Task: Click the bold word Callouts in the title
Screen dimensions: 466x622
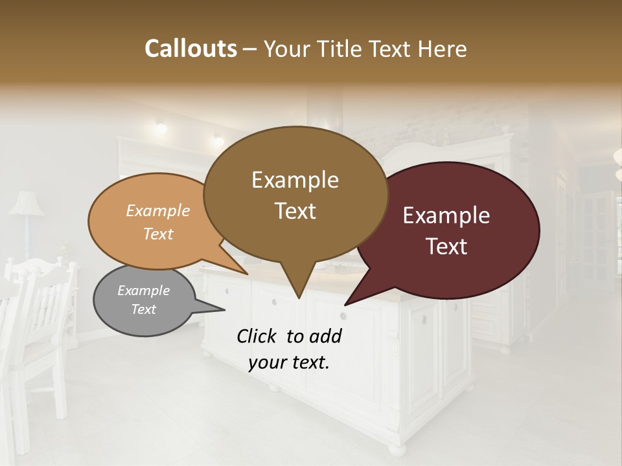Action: [190, 49]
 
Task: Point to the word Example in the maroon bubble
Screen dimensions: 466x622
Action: [446, 216]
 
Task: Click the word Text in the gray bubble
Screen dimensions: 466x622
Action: [144, 309]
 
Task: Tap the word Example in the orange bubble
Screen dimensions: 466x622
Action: [158, 211]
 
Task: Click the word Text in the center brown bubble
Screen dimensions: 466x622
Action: [295, 211]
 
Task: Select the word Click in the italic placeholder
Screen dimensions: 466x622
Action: [257, 336]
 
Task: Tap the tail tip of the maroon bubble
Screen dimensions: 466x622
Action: [346, 304]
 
